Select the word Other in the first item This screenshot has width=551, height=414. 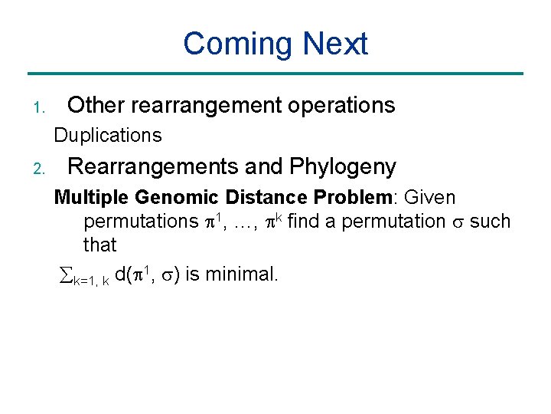[x=95, y=105]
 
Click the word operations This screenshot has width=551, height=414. [x=335, y=105]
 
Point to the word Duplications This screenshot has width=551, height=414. [x=108, y=136]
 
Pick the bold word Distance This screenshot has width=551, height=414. [x=262, y=198]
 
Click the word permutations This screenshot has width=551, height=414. [x=140, y=222]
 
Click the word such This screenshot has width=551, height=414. [x=490, y=222]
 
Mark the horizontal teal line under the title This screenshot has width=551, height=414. [x=275, y=74]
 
